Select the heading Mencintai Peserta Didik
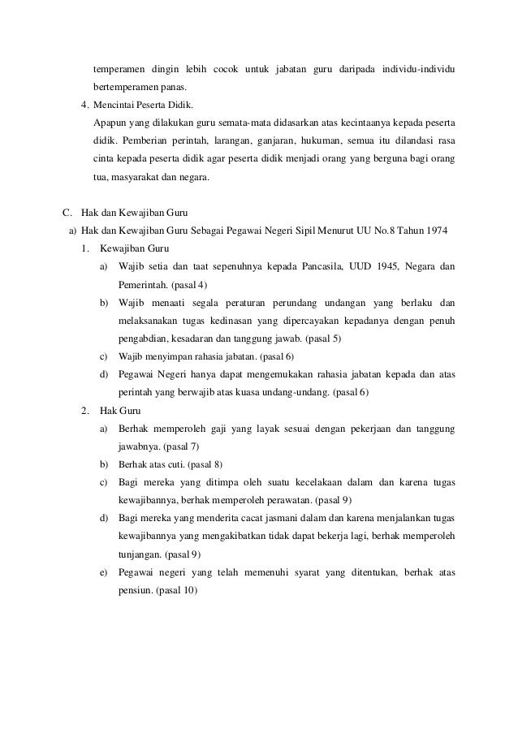(x=143, y=106)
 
